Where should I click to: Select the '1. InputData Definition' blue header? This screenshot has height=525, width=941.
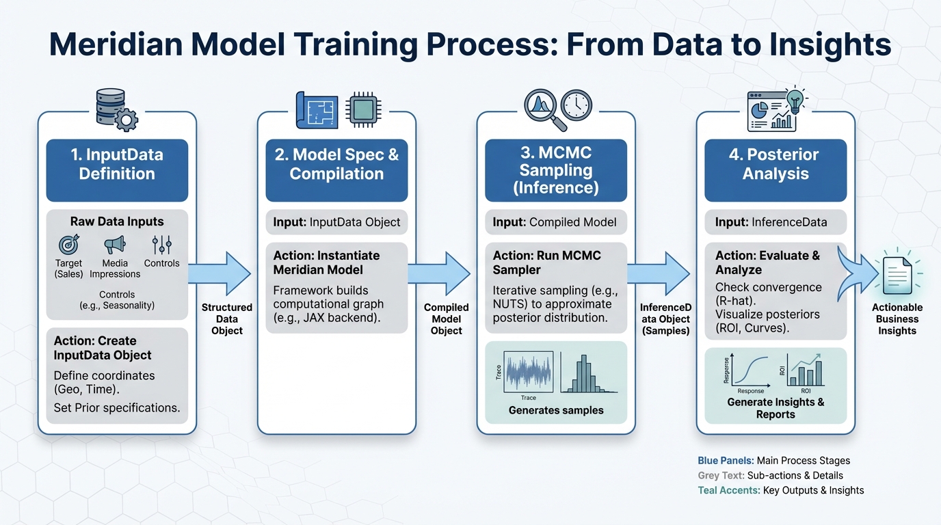(117, 164)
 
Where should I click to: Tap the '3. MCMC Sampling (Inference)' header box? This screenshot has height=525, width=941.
(556, 170)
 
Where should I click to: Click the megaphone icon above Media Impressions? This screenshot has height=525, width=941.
(115, 245)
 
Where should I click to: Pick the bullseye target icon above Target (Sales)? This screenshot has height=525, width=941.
(68, 245)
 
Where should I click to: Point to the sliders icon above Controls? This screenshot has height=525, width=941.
(162, 245)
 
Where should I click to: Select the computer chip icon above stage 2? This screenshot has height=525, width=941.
(365, 109)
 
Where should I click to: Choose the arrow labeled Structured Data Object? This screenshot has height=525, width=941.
(220, 273)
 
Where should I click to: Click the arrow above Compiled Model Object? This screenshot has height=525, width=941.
(440, 273)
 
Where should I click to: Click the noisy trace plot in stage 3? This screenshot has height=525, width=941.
(528, 372)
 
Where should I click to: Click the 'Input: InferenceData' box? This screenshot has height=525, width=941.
(776, 222)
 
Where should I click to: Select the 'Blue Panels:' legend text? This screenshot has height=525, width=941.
(726, 461)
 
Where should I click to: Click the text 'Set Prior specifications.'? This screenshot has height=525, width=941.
(117, 408)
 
